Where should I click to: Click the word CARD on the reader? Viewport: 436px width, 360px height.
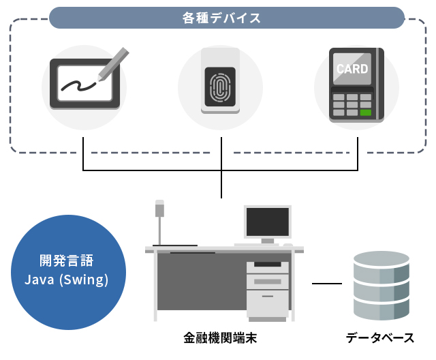[x=352, y=69]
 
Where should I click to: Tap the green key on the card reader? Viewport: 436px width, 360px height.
[x=367, y=112]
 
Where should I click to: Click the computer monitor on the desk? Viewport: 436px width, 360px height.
[x=268, y=223]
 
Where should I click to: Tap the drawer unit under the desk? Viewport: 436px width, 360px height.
[x=267, y=290]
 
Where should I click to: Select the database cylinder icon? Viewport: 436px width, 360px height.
[x=381, y=285]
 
